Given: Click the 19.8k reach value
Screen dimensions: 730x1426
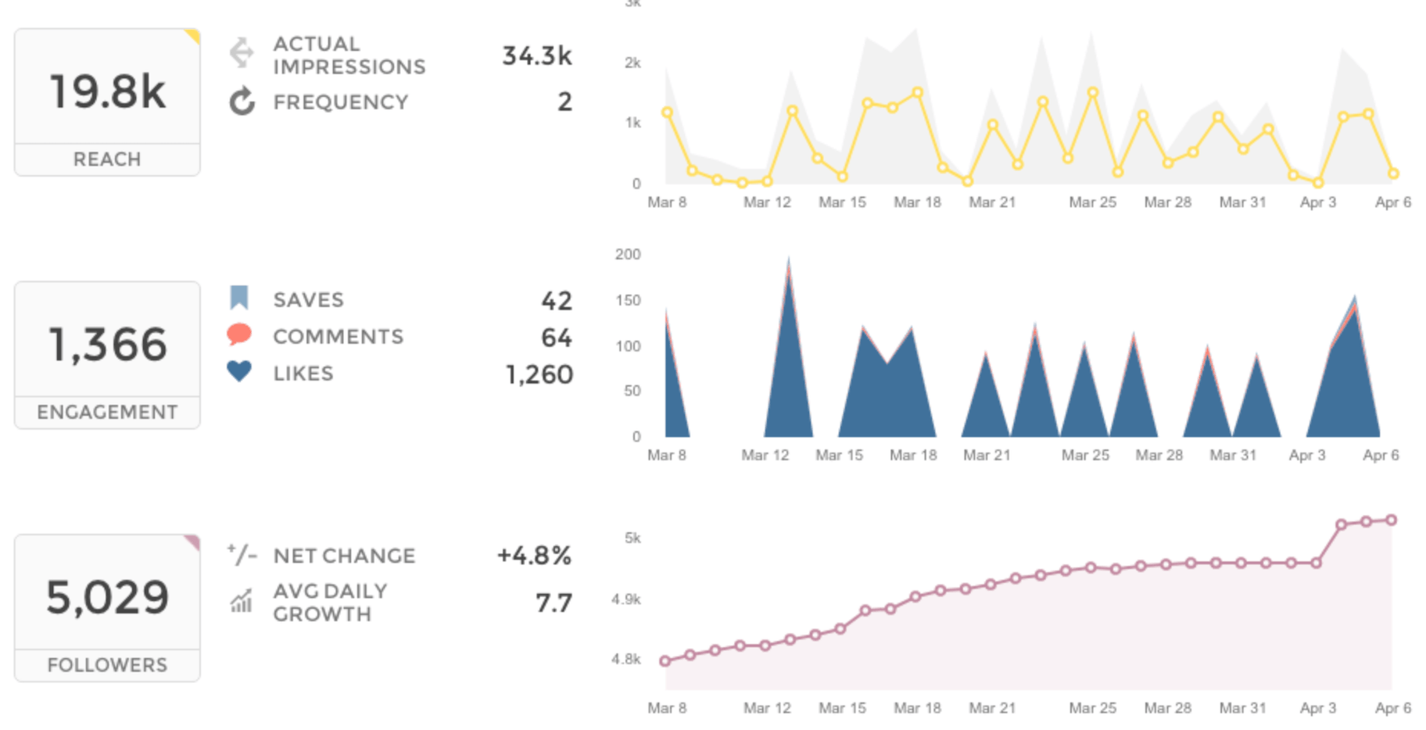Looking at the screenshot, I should (x=107, y=91).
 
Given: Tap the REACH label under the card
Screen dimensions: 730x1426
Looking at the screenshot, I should (x=107, y=159).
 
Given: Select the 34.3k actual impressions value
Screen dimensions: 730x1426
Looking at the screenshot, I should (x=536, y=55).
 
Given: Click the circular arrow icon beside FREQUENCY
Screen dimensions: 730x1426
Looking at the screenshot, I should (x=242, y=102).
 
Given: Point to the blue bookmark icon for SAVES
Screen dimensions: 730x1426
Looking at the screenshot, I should (x=239, y=298).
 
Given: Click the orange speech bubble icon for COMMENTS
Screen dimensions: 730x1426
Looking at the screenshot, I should (x=239, y=335).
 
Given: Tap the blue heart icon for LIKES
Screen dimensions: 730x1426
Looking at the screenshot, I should (x=239, y=370).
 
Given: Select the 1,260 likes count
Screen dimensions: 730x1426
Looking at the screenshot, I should (x=539, y=374).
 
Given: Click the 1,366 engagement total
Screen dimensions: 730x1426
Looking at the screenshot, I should (x=107, y=345).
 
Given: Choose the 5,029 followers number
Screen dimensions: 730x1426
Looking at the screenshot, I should (x=107, y=598).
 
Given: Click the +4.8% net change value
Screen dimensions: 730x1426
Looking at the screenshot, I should (x=534, y=556).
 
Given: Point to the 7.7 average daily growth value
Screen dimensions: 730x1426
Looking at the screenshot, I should (x=553, y=603).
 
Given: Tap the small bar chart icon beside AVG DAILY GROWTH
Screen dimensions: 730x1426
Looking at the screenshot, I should (x=241, y=601).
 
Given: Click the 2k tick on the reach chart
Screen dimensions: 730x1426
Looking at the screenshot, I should (x=632, y=63).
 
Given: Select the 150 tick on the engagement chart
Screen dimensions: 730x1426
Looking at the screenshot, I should (x=628, y=300).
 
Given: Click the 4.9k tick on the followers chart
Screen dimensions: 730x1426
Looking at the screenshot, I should (x=625, y=599).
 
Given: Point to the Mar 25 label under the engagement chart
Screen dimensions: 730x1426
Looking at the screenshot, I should (x=1085, y=455).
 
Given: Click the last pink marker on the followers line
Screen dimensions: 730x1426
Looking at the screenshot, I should (x=1392, y=520).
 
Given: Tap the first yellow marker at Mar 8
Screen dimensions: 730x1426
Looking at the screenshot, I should (x=667, y=113).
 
